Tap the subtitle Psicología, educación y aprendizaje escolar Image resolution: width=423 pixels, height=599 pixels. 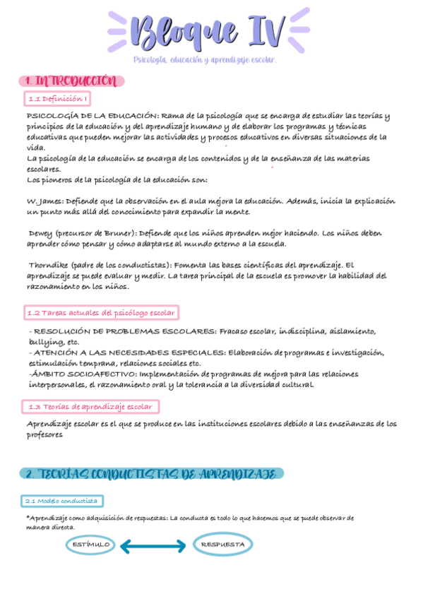(205, 61)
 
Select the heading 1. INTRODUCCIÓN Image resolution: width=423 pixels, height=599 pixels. (70, 81)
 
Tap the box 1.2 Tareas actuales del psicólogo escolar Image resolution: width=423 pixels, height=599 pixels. (101, 312)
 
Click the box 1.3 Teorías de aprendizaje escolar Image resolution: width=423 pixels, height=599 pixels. (90, 407)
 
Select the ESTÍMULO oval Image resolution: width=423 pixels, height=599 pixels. (90, 545)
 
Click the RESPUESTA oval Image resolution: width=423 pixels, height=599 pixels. (223, 545)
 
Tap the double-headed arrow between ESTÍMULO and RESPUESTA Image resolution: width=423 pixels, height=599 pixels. (157, 545)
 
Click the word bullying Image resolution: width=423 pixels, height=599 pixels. (45, 342)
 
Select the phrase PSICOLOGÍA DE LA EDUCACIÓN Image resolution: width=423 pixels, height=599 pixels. (92, 116)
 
